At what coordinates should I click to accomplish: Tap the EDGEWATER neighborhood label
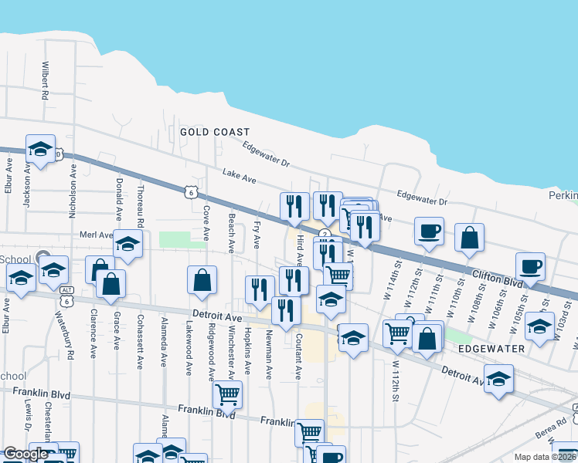[491, 349]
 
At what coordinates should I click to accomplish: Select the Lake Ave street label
[239, 177]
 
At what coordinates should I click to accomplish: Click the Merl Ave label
[96, 235]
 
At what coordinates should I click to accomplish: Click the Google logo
[25, 454]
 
